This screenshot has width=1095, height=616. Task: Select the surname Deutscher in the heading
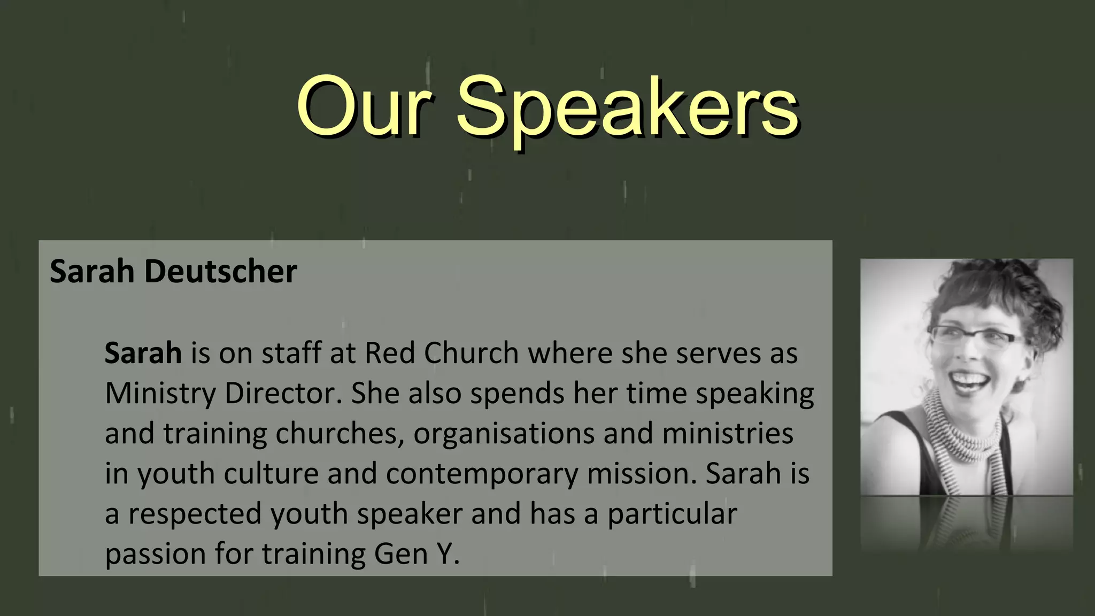[x=220, y=272]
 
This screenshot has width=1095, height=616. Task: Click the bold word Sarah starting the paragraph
[x=143, y=353]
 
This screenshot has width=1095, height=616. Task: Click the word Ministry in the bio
[x=160, y=394]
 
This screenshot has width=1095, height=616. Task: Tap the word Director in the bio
[x=283, y=394]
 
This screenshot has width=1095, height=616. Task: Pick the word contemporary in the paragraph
[x=482, y=474]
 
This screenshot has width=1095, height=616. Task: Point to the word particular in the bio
[x=672, y=514]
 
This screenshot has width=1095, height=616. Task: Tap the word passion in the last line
[x=156, y=555]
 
